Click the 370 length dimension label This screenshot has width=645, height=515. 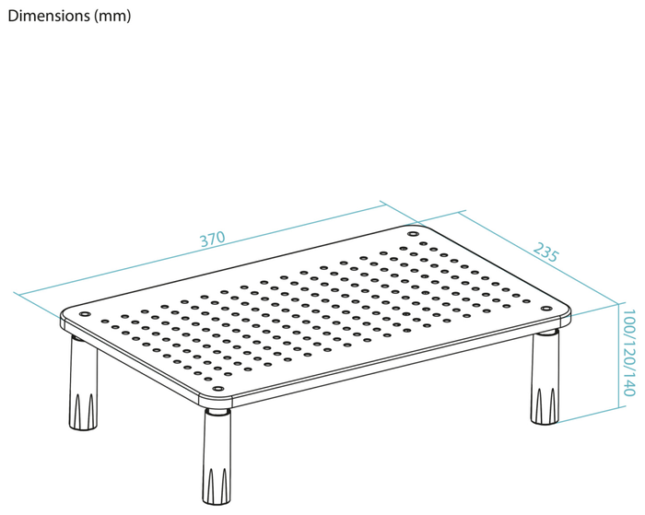tap(212, 239)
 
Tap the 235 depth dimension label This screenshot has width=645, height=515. tap(545, 252)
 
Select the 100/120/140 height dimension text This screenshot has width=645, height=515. tap(629, 353)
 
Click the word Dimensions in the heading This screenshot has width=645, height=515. tap(49, 16)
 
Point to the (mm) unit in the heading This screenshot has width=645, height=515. tap(112, 17)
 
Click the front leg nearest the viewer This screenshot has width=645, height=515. tap(217, 456)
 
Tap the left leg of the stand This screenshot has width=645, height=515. tap(84, 382)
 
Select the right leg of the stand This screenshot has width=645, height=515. tap(545, 377)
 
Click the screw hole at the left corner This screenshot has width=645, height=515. tap(85, 314)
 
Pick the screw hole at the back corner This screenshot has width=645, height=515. tap(413, 234)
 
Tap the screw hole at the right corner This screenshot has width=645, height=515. tap(546, 309)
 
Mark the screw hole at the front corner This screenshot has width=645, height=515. tap(217, 388)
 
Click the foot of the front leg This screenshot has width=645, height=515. tap(217, 486)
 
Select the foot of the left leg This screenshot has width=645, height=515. tap(84, 413)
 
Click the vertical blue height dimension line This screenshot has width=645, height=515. tap(618, 356)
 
